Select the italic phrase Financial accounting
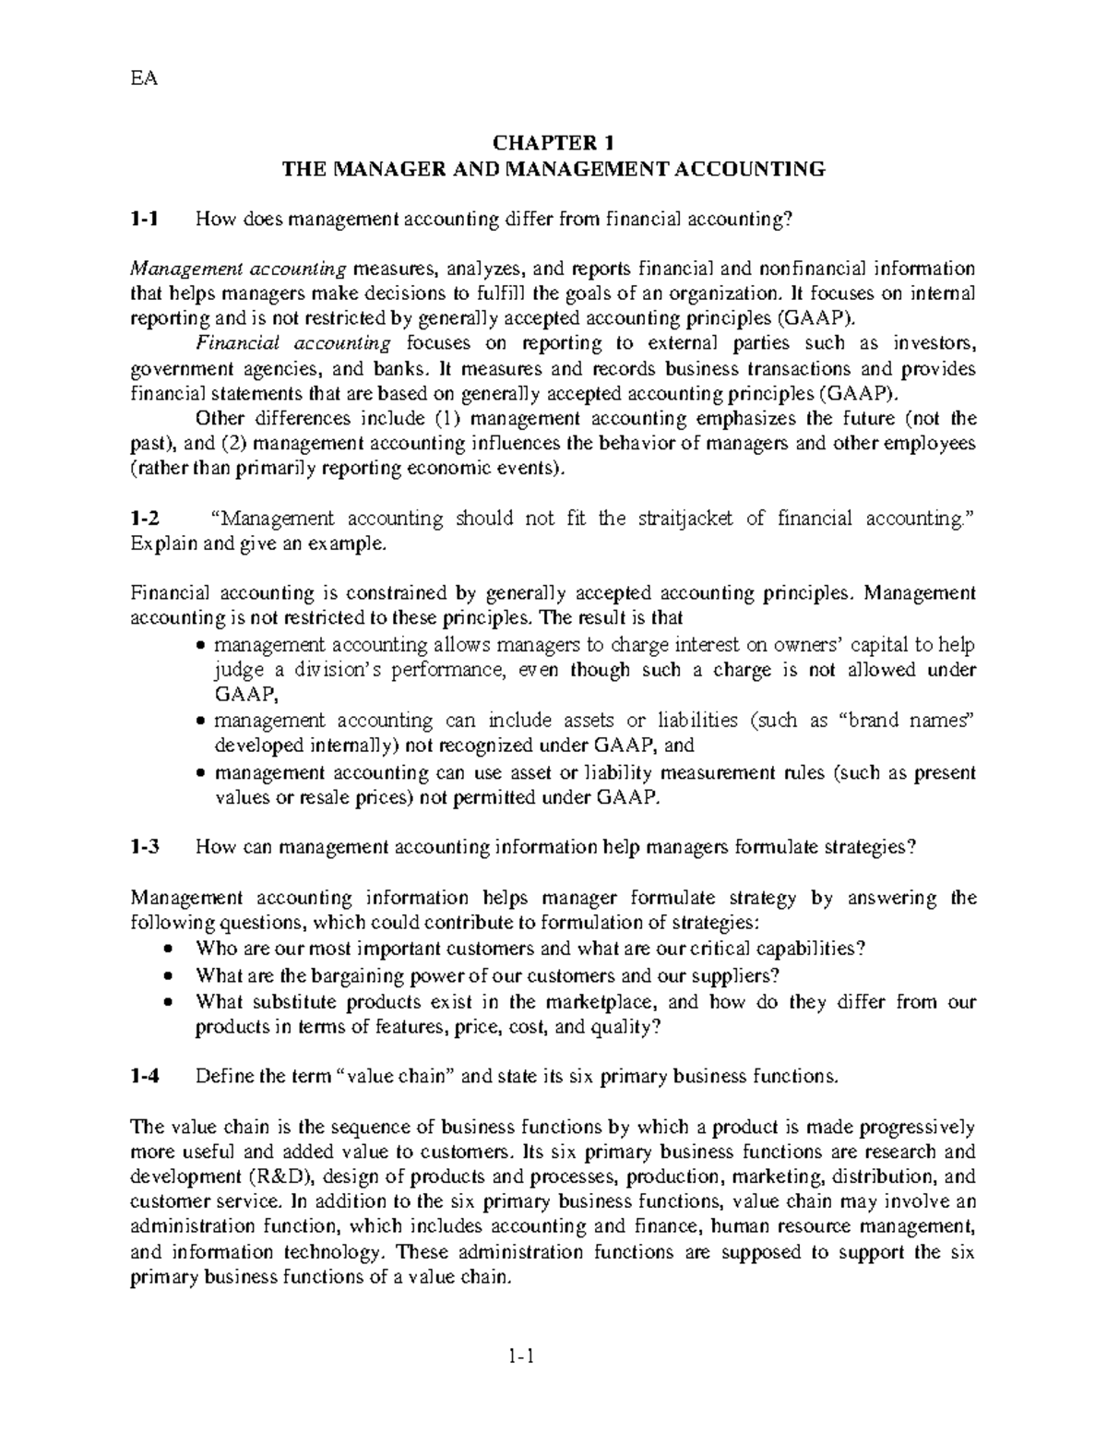293,343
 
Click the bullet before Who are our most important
166,949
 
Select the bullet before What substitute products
166,1002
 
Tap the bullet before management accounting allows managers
202,645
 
